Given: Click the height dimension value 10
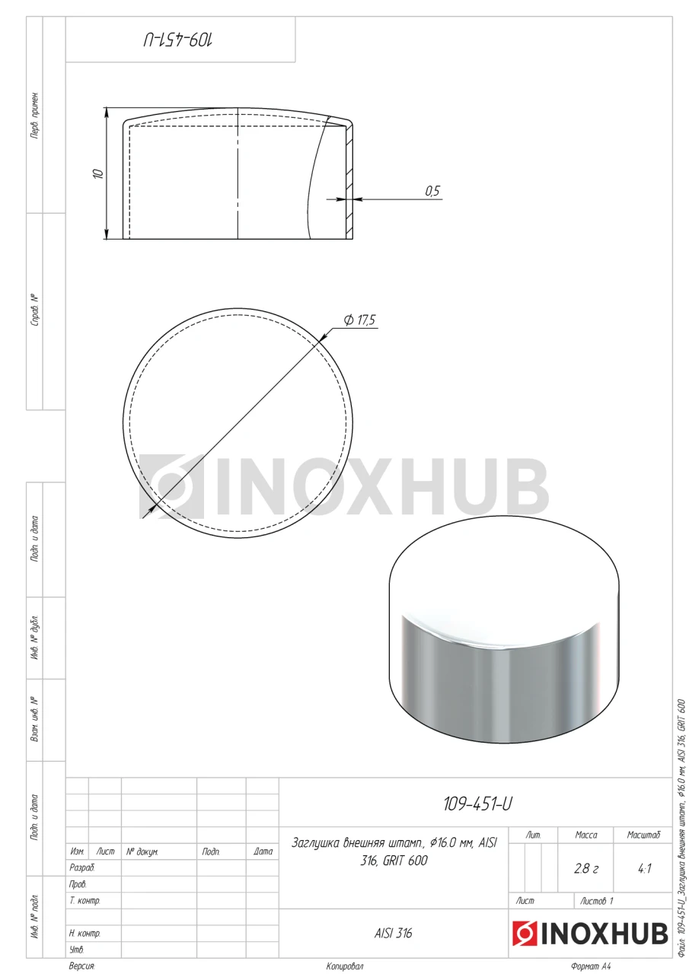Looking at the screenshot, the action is click(x=99, y=173).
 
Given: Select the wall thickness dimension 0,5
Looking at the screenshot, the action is click(x=432, y=191).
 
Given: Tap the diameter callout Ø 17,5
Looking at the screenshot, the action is click(x=359, y=320).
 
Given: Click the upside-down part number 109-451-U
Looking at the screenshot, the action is click(x=178, y=40).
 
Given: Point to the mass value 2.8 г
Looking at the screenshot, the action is click(x=586, y=868).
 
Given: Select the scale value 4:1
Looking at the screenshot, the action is click(x=644, y=868).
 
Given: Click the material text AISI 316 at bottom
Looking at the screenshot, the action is click(x=393, y=933).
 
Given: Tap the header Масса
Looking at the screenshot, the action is click(x=586, y=835).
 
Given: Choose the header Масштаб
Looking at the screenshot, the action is click(x=643, y=835).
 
